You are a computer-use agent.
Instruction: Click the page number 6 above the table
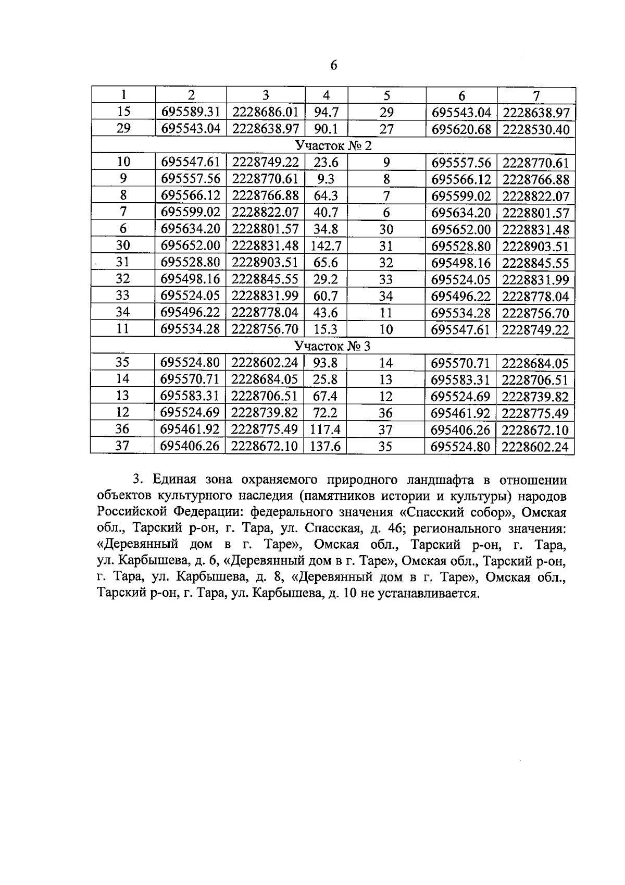(334, 66)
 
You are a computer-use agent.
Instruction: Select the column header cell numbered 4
(326, 95)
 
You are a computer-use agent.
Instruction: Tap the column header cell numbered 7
(536, 95)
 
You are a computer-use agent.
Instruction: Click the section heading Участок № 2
(333, 145)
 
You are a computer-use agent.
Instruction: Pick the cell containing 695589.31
(191, 112)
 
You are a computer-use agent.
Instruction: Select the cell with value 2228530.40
(536, 129)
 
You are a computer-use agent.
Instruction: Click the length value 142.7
(326, 246)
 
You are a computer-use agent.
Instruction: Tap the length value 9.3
(326, 179)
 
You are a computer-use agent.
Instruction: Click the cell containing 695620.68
(461, 129)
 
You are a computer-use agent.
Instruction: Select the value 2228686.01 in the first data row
(265, 112)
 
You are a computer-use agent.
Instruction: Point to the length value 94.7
(326, 112)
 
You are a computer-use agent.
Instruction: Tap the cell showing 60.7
(326, 296)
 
